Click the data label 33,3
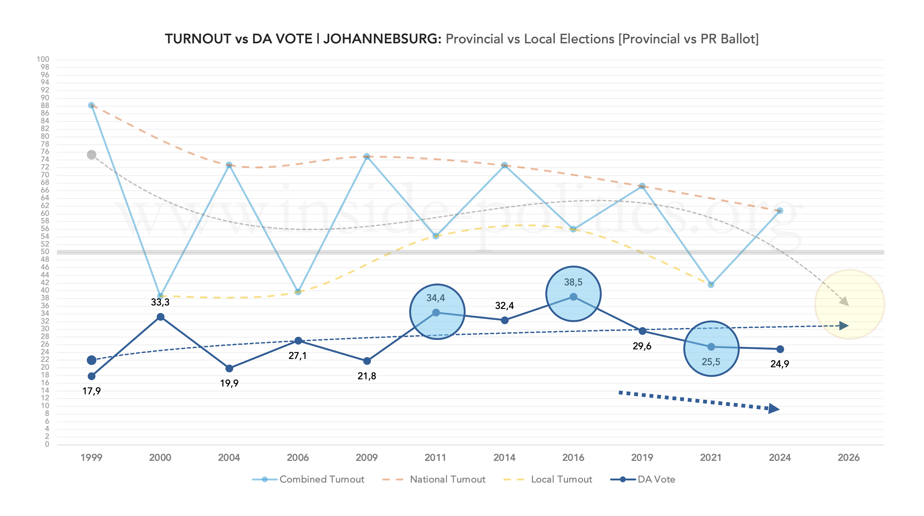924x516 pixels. pos(160,302)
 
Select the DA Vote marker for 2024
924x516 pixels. pos(780,349)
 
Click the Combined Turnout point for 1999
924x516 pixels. pos(91,105)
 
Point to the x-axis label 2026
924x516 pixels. pos(848,457)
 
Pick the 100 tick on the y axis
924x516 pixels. pos(43,59)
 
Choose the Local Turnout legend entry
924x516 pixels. pos(561,479)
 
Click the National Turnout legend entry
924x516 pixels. pos(447,479)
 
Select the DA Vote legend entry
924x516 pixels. pos(656,479)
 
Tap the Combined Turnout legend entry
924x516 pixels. pos(321,479)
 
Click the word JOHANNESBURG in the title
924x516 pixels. pos(382,39)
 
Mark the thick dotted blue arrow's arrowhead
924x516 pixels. pos(774,409)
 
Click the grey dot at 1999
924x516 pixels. pos(91,155)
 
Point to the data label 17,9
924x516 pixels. pos(91,391)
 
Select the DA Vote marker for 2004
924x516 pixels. pos(229,369)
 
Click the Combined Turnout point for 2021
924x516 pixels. pos(711,285)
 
